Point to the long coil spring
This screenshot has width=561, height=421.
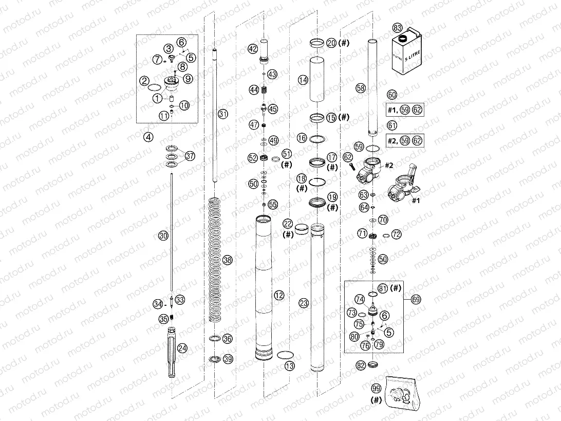pos(216,260)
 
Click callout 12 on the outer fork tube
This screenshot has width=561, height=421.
pos(279,295)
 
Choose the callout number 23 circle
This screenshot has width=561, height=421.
pos(304,303)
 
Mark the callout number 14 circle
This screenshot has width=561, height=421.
pos(303,80)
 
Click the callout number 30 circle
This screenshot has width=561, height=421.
pos(162,236)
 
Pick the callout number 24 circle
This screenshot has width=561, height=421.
pos(182,347)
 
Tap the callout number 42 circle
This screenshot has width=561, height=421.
pos(252,49)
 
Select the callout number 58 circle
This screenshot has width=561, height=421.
pos(361,88)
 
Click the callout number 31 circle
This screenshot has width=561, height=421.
pos(221,113)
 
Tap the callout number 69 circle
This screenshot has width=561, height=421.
pos(416,298)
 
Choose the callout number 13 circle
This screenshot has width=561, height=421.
pos(290,365)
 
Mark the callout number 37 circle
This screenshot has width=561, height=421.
pos(190,156)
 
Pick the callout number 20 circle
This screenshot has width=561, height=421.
pos(331,43)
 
